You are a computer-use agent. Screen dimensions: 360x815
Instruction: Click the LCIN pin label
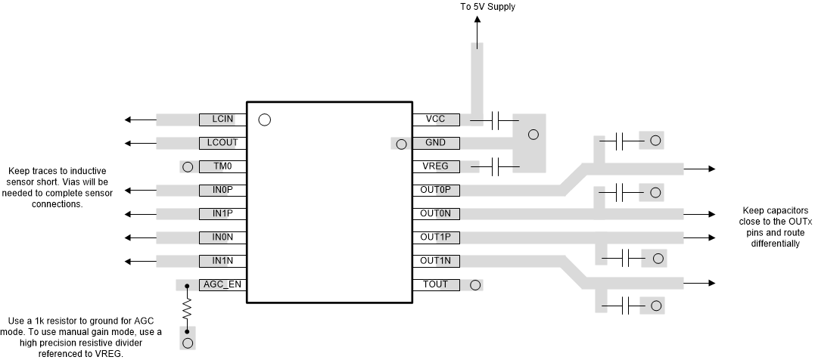[x=222, y=119]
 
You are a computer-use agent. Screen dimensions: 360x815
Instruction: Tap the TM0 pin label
[x=222, y=166]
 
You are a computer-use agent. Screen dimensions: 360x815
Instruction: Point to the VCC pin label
[x=435, y=119]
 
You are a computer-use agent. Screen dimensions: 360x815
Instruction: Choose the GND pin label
[x=435, y=143]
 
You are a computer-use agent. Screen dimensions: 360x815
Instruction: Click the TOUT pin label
[x=435, y=285]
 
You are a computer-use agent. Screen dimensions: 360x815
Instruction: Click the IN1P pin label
[x=222, y=214]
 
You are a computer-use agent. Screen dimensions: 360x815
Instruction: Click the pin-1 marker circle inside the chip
[x=264, y=119]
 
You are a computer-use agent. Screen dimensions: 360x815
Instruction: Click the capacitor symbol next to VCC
[x=496, y=119]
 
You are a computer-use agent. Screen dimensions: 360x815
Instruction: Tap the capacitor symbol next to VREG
[x=496, y=166]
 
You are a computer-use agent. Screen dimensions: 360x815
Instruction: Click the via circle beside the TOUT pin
[x=475, y=285]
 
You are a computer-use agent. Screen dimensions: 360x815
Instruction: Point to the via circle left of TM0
[x=188, y=166]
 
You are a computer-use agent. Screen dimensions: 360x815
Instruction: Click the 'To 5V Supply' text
[x=488, y=7]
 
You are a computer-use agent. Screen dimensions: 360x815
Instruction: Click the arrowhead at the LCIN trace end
[x=130, y=119]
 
